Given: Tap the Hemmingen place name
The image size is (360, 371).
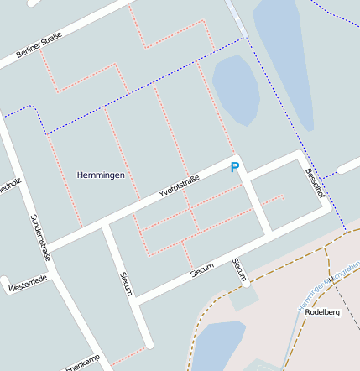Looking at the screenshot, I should [101, 175].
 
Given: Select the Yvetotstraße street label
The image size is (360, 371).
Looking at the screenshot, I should [179, 187].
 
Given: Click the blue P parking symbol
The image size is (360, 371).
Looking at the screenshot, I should [235, 168].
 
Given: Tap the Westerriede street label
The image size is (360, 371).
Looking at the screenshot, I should [28, 285].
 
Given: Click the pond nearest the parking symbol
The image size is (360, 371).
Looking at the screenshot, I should [236, 88].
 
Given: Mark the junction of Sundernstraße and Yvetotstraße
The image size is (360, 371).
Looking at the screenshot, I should [44, 249].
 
